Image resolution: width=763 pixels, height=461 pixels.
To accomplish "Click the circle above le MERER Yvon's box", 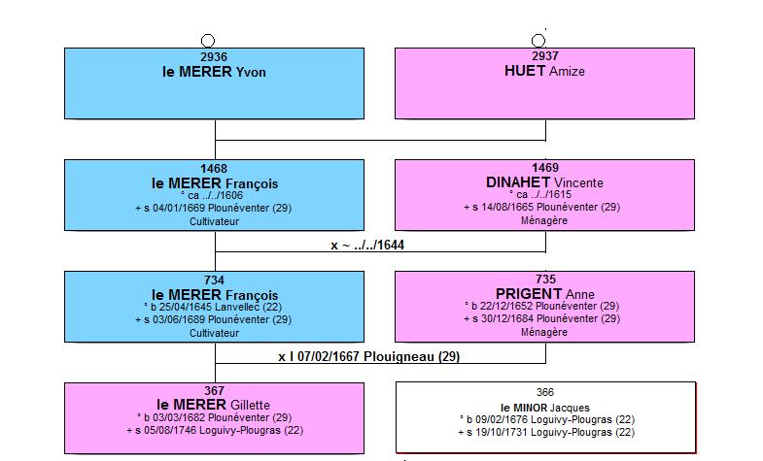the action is click(208, 41).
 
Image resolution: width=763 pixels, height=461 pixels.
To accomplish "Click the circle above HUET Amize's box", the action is click(538, 41).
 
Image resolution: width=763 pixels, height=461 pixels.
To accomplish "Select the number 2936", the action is click(214, 57).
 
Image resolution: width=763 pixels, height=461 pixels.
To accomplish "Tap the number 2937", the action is click(545, 56).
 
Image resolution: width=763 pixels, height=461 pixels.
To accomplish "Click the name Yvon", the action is click(251, 73).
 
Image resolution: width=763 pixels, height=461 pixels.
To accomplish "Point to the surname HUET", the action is click(525, 71).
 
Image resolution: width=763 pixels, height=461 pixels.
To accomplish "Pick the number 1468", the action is click(214, 169).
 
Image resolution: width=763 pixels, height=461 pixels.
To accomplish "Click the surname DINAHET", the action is click(518, 182).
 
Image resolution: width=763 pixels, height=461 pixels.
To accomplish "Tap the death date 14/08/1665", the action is click(507, 207).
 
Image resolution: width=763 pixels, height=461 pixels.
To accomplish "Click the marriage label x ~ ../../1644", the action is click(367, 245).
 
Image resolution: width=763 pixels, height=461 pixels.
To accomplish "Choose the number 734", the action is click(214, 280).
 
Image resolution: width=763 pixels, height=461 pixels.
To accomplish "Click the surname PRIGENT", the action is click(529, 294).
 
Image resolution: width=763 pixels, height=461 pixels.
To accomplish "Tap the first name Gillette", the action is click(250, 405).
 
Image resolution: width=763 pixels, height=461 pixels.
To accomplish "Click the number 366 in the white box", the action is click(545, 392).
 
